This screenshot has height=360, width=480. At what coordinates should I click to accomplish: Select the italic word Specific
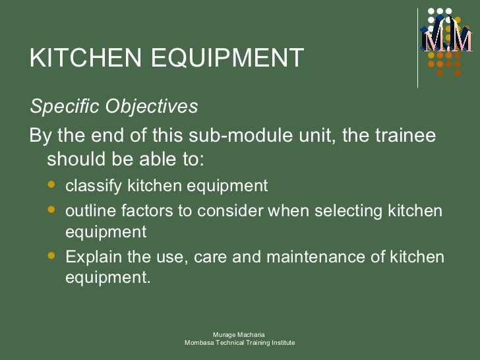coord(61,107)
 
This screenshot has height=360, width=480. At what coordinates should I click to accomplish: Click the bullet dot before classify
coord(52,185)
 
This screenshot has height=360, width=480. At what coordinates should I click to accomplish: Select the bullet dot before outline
coord(52,210)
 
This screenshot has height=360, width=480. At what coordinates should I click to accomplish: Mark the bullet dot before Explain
coord(52,256)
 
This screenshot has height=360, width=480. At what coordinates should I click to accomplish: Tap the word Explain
coord(94,257)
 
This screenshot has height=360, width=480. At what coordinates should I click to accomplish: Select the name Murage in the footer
coord(225,336)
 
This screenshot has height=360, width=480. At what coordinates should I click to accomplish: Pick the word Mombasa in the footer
coord(199,344)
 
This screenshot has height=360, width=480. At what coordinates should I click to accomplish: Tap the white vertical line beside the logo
coord(417,47)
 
